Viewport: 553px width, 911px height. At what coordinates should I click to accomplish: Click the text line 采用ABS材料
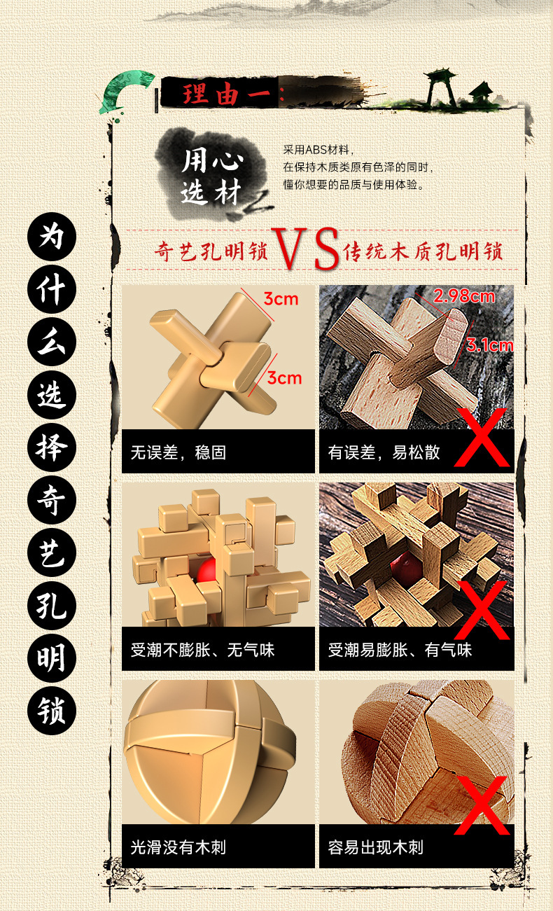pos(319,150)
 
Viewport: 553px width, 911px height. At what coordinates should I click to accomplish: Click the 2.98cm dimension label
pos(463,296)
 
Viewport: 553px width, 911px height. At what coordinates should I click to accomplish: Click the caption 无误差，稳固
pos(178,452)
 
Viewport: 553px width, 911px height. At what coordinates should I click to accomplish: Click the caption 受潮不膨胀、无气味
pos(202,650)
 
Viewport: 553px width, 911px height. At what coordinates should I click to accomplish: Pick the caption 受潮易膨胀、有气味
pos(400,650)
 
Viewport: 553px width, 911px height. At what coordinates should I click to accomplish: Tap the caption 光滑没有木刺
pos(178,847)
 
